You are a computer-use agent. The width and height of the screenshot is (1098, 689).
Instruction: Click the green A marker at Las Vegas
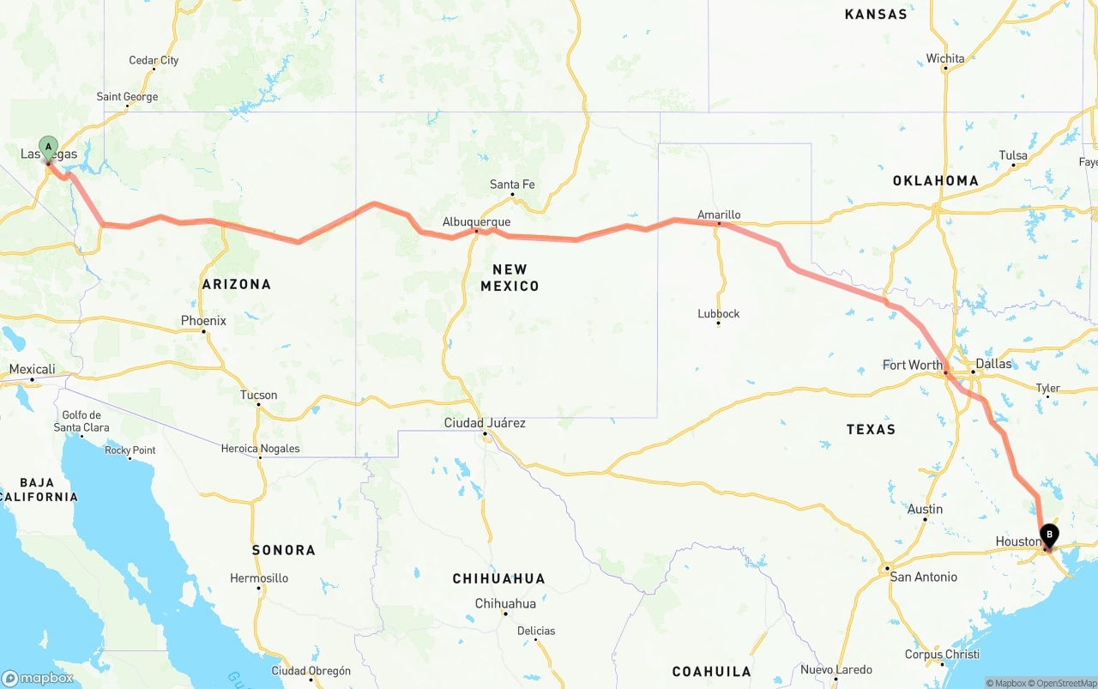[48, 147]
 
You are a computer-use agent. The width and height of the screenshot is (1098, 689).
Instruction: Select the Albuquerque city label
[476, 221]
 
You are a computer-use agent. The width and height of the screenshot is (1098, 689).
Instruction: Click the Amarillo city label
[719, 215]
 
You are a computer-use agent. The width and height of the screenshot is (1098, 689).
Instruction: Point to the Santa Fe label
[512, 184]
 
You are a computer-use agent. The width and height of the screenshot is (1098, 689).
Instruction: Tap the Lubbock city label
[718, 314]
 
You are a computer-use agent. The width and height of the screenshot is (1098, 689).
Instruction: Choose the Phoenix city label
[203, 321]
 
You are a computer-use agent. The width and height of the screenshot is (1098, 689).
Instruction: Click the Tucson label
[258, 396]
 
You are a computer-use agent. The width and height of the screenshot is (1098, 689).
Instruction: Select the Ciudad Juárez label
[485, 423]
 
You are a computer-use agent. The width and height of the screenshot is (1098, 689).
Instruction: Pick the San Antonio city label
[923, 577]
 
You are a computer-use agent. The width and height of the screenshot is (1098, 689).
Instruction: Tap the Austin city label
[925, 509]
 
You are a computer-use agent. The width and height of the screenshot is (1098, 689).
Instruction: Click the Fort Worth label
[913, 365]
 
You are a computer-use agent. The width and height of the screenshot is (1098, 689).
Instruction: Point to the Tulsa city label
[1013, 155]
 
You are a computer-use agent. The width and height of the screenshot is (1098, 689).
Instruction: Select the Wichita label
[945, 58]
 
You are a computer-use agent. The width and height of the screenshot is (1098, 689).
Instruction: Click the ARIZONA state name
[236, 284]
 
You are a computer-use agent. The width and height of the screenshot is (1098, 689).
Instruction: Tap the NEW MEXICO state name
[510, 277]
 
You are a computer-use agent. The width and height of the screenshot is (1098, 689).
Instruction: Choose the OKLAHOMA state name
[935, 180]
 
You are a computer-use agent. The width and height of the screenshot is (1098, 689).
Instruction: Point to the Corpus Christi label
[942, 654]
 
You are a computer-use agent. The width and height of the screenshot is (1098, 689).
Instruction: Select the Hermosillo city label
[259, 578]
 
